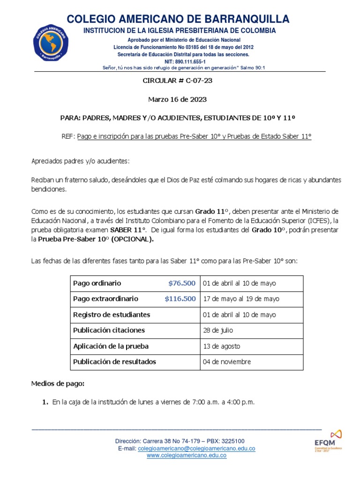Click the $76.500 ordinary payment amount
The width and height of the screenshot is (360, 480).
tap(182, 283)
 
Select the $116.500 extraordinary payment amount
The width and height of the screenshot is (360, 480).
tap(180, 299)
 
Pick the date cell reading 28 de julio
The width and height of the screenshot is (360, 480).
tap(218, 330)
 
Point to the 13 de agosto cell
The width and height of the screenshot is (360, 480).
tap(221, 346)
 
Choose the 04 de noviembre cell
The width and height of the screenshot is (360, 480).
tap(227, 362)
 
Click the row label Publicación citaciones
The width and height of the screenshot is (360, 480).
tap(109, 330)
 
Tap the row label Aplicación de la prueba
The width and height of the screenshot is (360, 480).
tap(111, 346)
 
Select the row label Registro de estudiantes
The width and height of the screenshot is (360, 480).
tap(112, 315)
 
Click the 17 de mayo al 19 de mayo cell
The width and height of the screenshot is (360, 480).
tap(240, 299)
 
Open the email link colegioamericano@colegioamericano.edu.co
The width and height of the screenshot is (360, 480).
tap(196, 449)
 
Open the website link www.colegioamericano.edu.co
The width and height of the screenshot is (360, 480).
tap(187, 456)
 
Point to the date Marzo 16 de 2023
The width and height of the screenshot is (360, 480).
tap(177, 99)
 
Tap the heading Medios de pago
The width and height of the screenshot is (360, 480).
tap(58, 383)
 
